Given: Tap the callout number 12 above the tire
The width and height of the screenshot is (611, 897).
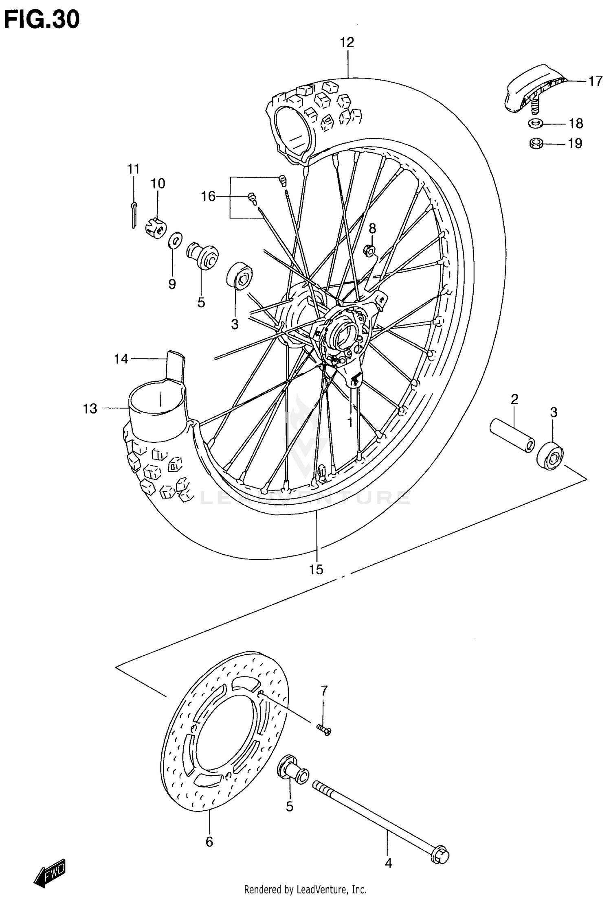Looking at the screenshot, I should [347, 42].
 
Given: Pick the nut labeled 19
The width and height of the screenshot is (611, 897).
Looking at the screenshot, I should [536, 143].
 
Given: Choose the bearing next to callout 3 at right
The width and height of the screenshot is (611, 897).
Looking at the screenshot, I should [550, 456].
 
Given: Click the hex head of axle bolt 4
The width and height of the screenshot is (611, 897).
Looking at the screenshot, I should [440, 855].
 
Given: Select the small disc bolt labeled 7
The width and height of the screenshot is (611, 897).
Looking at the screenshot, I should [324, 731].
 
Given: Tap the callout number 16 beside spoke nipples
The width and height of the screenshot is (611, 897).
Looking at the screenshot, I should [208, 197].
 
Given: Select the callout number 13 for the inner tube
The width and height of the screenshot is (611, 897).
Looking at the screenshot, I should [90, 408].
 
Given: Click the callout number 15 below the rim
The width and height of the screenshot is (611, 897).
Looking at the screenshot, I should [316, 569].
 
